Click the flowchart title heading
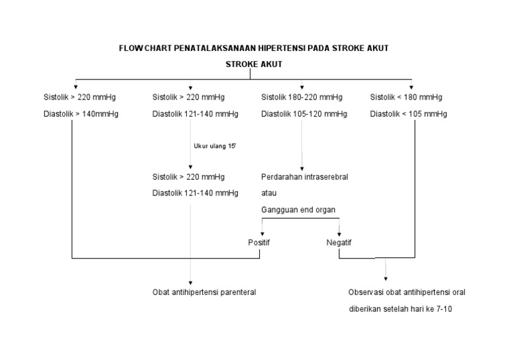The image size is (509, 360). pos(254,48)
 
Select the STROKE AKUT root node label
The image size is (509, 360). pos(254,65)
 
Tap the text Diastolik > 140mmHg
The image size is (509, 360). pos(82,113)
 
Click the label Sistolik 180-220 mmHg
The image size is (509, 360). pos(302,97)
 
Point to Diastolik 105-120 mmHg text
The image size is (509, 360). pos(304,113)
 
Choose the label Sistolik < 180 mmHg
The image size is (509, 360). pos(406,97)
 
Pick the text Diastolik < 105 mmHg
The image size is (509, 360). pos(408,113)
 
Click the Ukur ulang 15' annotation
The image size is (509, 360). pos(215,146)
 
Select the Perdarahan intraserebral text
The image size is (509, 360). pos(305,177)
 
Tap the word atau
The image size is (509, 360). pos(269,193)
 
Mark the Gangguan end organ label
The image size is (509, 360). pos(298,210)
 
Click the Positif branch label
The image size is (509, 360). pos(259,243)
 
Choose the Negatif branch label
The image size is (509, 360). pos(339,243)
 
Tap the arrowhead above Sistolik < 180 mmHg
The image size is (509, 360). pos(412,87)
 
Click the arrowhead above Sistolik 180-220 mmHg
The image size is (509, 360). pos(303,87)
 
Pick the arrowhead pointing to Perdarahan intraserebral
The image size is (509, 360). pos(303,168)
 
